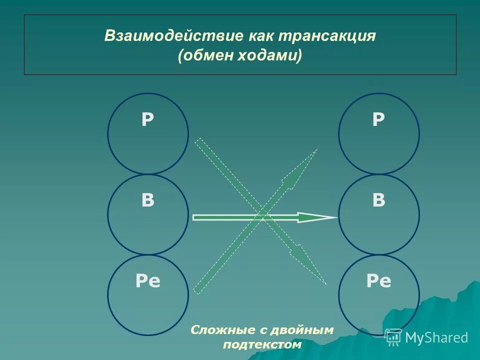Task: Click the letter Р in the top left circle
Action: (x=147, y=120)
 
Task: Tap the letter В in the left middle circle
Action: (x=147, y=200)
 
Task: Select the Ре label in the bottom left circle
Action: (x=147, y=281)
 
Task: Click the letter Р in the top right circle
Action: (x=378, y=120)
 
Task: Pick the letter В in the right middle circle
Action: (x=378, y=200)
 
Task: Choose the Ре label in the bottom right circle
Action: (x=378, y=281)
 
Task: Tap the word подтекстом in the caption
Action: (x=262, y=344)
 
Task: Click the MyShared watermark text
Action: (x=436, y=337)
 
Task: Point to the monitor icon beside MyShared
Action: (x=393, y=337)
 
